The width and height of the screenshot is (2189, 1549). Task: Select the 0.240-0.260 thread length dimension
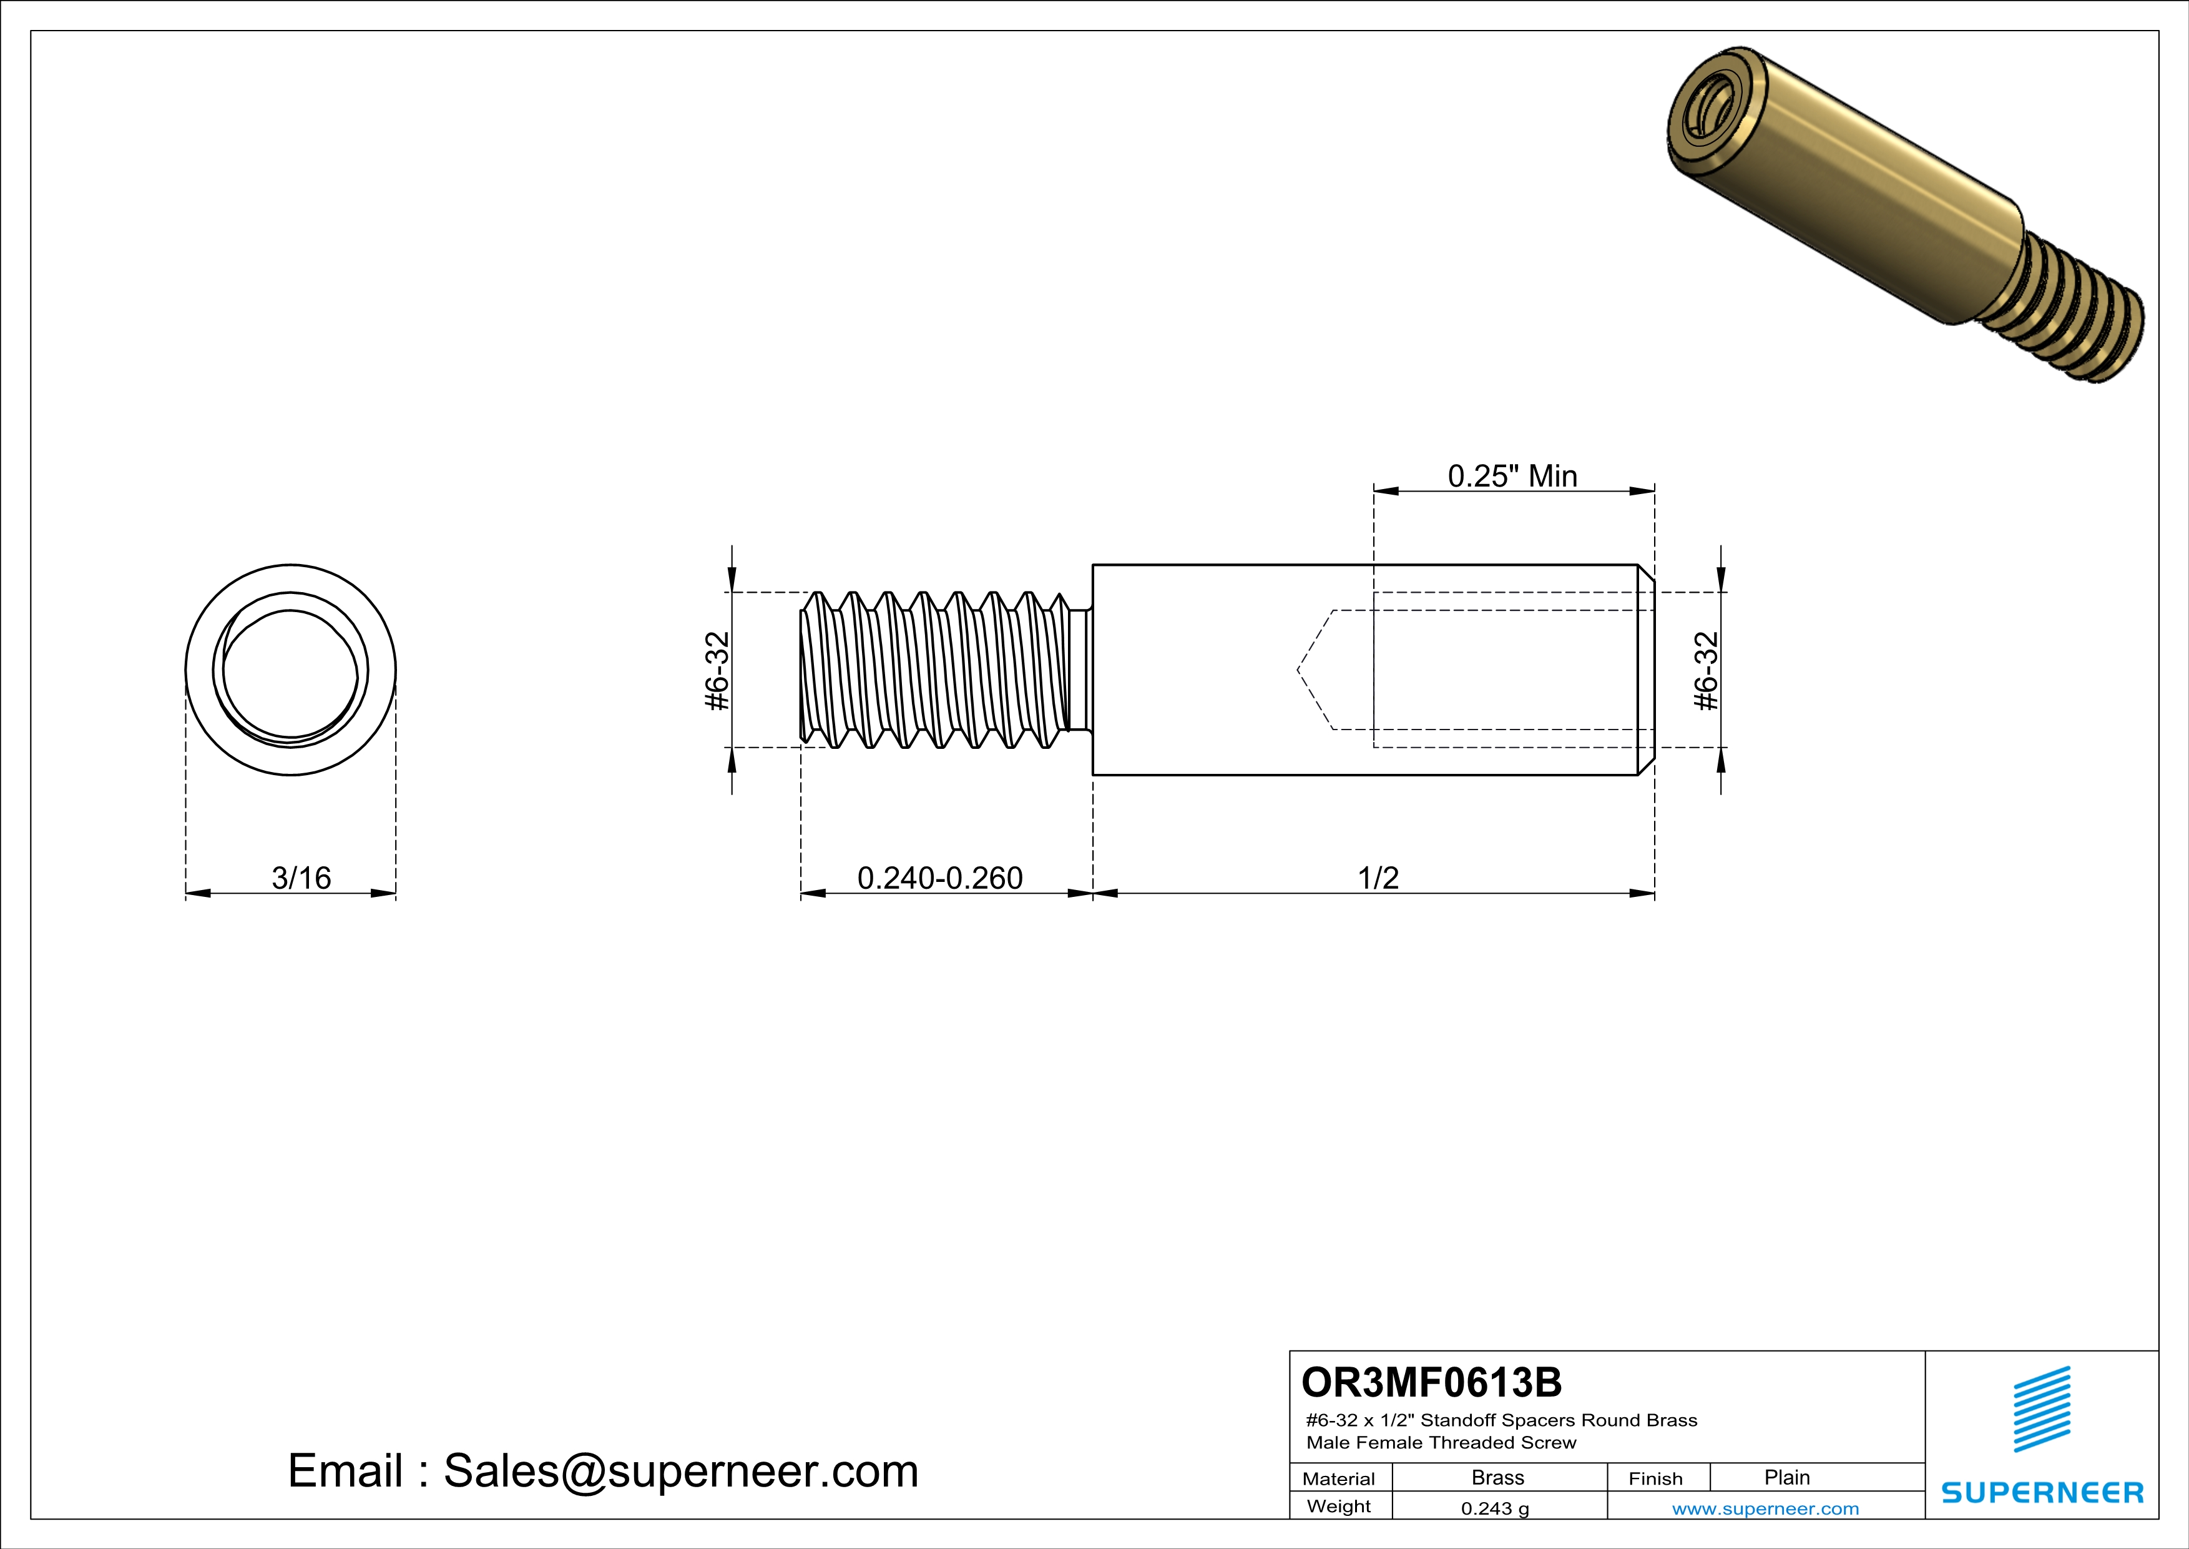pyautogui.click(x=939, y=878)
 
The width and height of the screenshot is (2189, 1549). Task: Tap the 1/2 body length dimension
pyautogui.click(x=1378, y=878)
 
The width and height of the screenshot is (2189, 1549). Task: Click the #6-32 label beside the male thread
pyautogui.click(x=717, y=671)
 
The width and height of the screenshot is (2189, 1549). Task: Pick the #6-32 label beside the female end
pyautogui.click(x=1706, y=671)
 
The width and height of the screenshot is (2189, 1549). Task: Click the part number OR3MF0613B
pyautogui.click(x=1431, y=1382)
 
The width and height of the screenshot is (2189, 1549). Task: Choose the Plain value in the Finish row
pyautogui.click(x=1786, y=1477)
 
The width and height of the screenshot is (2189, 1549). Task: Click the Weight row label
pyautogui.click(x=1339, y=1506)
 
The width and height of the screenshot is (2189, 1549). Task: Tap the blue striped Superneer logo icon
pyautogui.click(x=2041, y=1409)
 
